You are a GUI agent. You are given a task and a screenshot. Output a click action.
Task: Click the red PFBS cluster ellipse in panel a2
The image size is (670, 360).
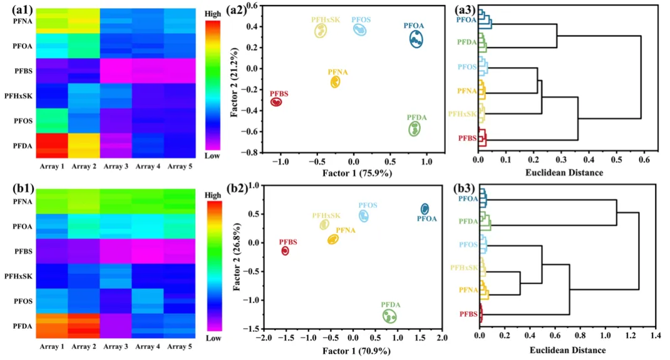point(276,101)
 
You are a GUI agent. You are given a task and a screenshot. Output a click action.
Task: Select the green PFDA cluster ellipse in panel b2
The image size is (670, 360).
point(389,316)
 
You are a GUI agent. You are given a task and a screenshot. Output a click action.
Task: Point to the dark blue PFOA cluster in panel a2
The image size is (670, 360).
point(416,39)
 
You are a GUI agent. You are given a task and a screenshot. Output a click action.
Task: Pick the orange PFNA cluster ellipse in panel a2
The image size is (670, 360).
point(336,82)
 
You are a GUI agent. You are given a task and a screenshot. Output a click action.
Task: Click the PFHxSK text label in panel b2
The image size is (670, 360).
point(326,215)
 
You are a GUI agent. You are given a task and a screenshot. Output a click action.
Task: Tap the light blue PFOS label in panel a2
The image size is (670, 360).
point(361,19)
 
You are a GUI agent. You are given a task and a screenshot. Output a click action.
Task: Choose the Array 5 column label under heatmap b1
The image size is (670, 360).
point(178,346)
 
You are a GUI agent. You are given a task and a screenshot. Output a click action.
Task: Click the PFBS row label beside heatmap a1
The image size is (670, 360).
point(23,71)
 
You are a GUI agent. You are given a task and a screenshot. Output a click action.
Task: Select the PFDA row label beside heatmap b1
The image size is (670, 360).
point(23,326)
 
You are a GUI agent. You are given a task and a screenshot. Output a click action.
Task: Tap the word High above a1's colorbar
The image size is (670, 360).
point(213,12)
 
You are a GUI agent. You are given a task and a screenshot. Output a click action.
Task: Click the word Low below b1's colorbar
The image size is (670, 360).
point(214,337)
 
